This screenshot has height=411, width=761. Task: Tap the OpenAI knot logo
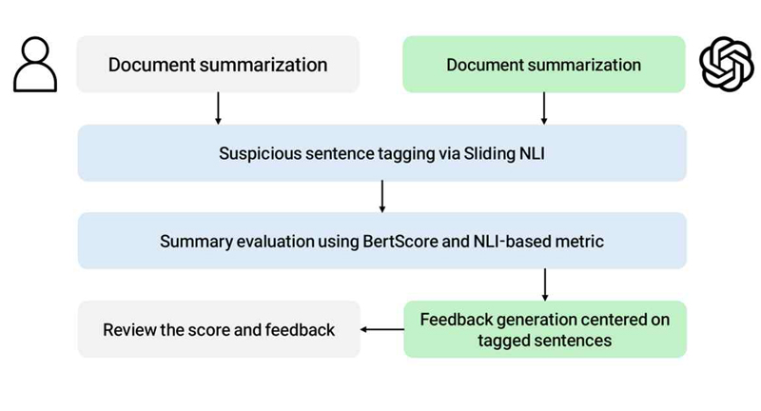coord(727,64)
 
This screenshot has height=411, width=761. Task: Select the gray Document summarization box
coord(218,64)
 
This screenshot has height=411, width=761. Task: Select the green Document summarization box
coord(543,64)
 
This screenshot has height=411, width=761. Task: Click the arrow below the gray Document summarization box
coord(218,108)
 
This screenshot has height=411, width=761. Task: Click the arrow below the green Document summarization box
coord(543,108)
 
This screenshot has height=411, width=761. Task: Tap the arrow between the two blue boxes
coord(382,197)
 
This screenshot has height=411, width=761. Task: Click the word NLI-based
coord(508,241)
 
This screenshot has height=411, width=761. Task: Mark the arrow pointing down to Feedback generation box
coord(544,284)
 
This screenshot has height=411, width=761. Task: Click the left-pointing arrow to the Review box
coord(382,329)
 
